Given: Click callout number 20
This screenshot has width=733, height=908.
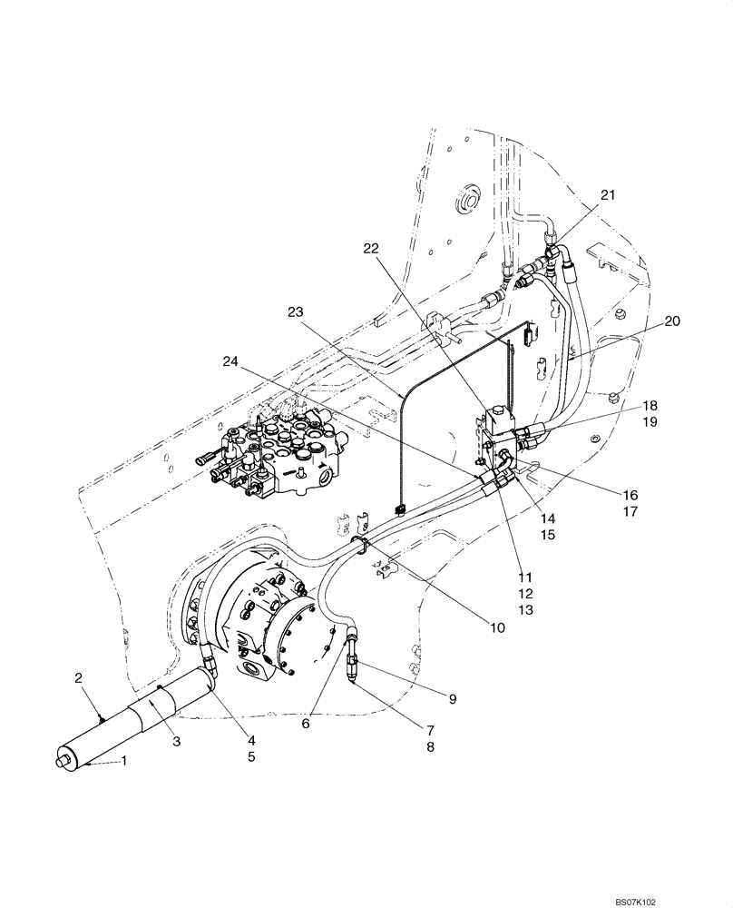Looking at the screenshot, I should pyautogui.click(x=672, y=321).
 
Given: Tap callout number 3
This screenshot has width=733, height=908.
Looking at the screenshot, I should pyautogui.click(x=176, y=741).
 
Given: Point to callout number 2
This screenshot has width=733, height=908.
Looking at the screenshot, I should pyautogui.click(x=79, y=677).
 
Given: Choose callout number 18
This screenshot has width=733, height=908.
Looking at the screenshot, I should pyautogui.click(x=625, y=406).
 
